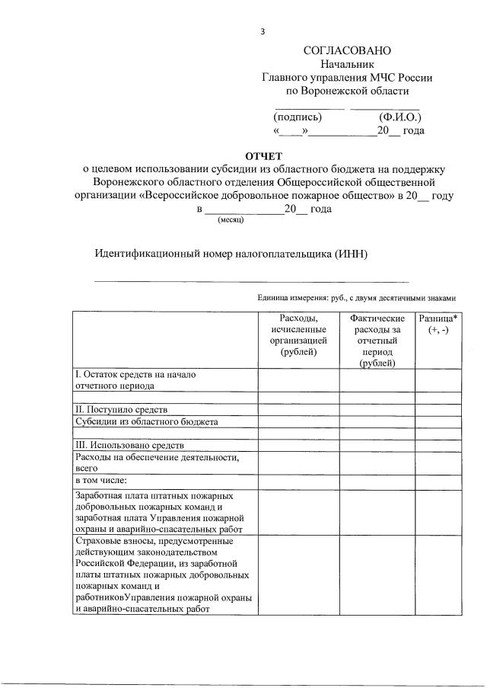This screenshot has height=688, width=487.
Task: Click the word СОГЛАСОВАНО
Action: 346,50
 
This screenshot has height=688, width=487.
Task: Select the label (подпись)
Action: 298,117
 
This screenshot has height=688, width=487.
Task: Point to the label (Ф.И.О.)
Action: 399,117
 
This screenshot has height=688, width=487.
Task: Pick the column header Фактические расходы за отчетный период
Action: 377,341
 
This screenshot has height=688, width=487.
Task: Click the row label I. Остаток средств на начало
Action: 136,374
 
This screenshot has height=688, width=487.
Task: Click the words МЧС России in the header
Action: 405,78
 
